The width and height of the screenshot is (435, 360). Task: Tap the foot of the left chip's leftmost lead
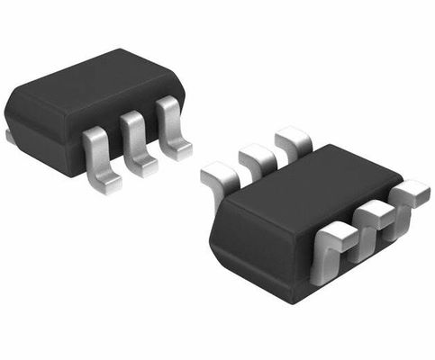(106, 184)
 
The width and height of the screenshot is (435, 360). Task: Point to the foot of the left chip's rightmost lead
(179, 150)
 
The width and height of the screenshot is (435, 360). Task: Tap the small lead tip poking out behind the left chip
(9, 136)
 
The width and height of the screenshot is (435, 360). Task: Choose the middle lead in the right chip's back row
(257, 157)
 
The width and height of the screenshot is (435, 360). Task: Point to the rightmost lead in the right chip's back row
(293, 139)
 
